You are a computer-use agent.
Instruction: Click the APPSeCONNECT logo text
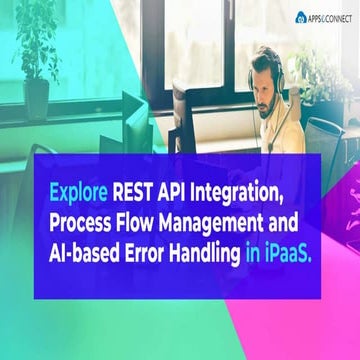coord(329,16)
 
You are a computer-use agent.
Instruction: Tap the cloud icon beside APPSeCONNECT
coord(300,16)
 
